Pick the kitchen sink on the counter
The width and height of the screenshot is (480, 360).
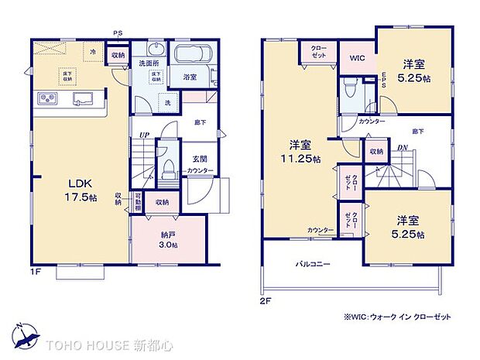point(82,98)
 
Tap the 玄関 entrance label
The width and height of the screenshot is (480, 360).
point(199,159)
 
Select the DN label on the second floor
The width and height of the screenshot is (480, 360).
point(403,149)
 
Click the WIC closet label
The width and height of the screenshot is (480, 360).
point(357,57)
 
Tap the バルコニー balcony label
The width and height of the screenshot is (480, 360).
point(312,264)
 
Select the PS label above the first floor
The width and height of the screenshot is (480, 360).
point(118,32)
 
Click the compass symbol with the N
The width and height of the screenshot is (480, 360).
point(26,335)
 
